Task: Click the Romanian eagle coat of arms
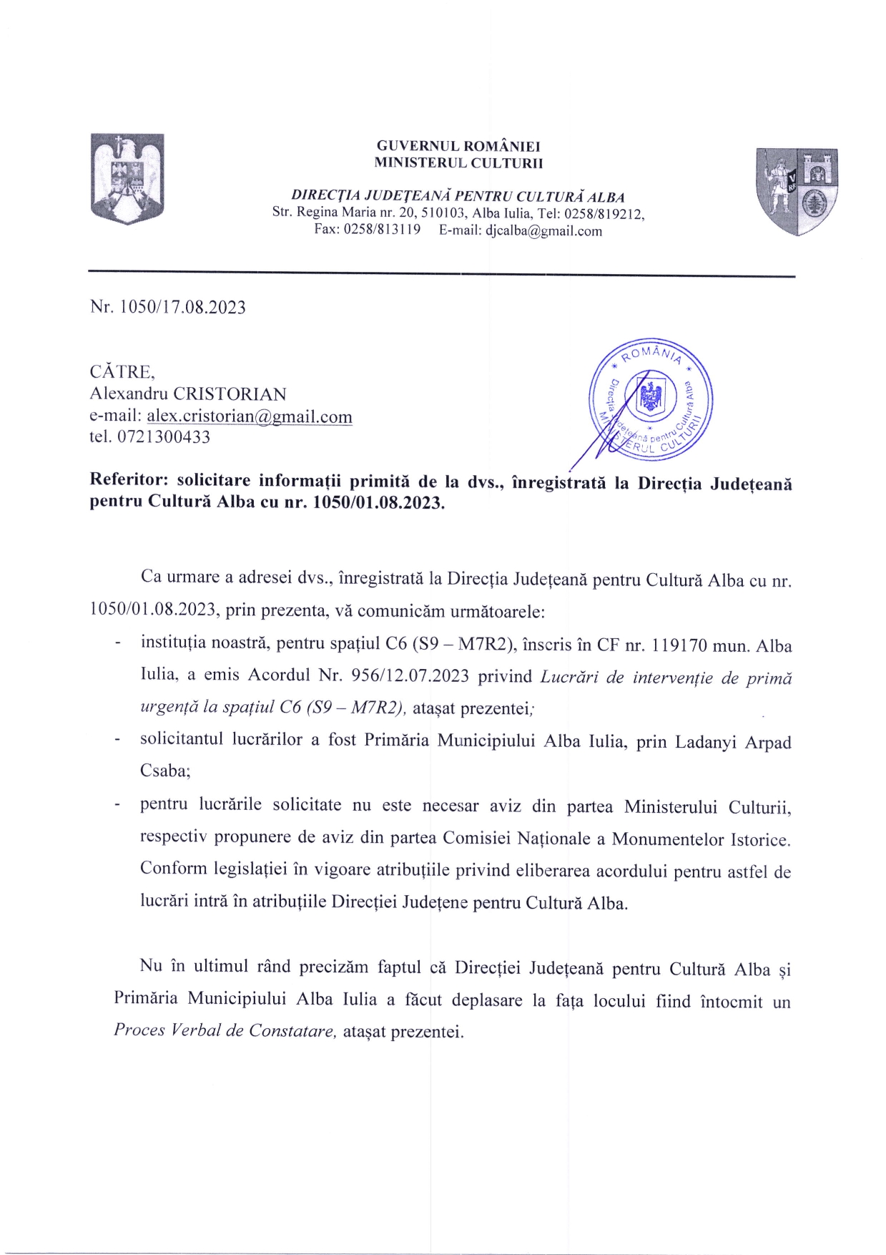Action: click(x=127, y=178)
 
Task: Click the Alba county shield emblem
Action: click(x=797, y=191)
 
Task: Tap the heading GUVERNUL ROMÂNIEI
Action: click(x=458, y=147)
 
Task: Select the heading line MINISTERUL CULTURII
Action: click(x=458, y=163)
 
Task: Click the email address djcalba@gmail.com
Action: click(x=543, y=231)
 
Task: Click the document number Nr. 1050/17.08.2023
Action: click(x=168, y=308)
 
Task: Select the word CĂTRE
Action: click(x=121, y=372)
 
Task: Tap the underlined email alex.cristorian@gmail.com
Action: click(x=250, y=416)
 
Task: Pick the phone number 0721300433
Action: click(x=163, y=437)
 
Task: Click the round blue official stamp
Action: click(x=650, y=399)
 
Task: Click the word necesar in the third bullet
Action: click(x=451, y=806)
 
